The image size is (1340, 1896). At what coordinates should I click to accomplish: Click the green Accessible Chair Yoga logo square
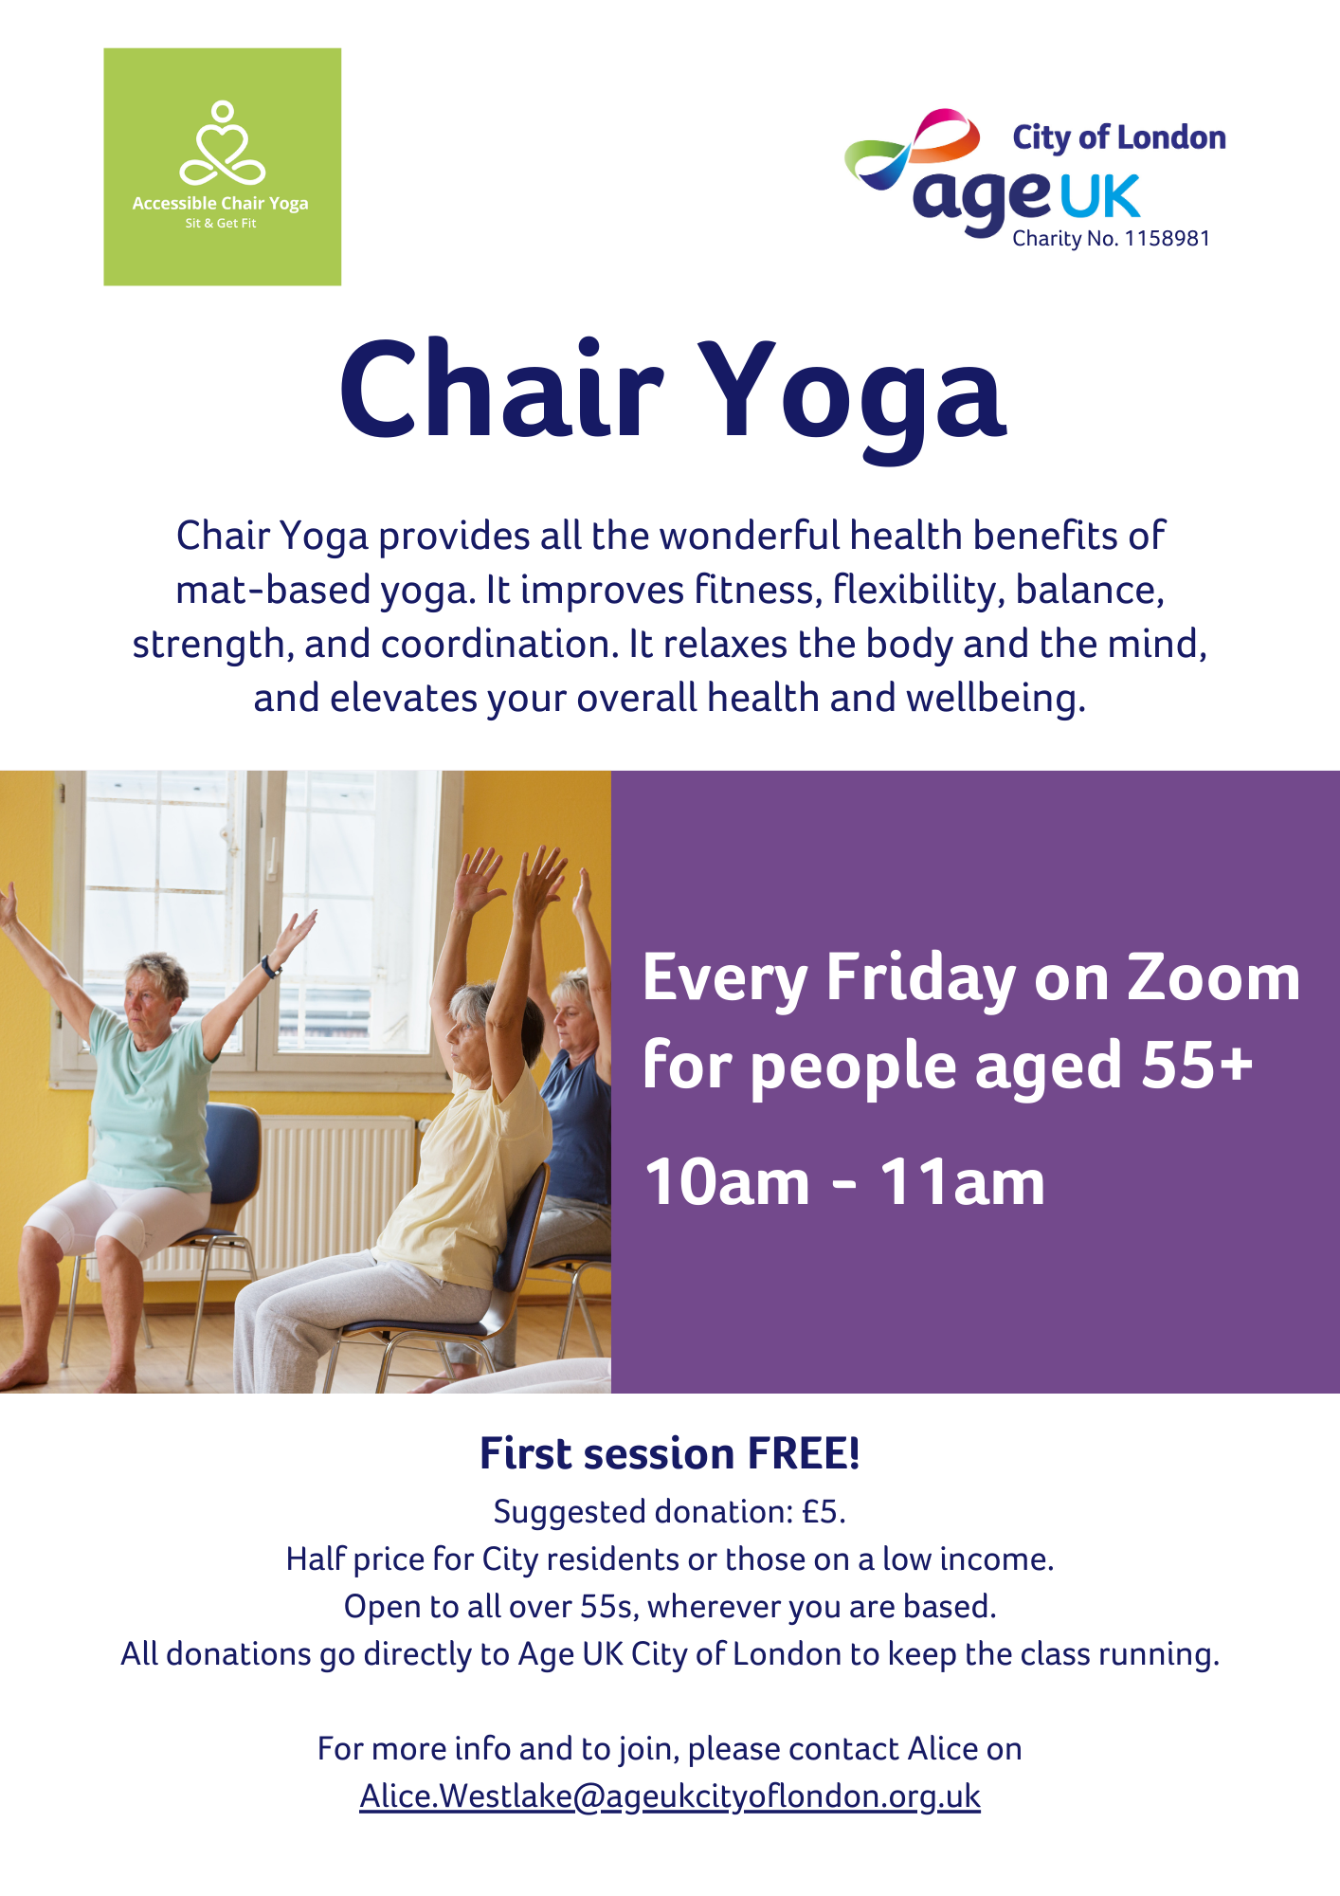(223, 167)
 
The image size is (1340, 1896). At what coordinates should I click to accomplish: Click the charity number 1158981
(1167, 239)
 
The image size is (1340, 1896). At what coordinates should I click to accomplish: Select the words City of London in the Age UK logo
(1119, 137)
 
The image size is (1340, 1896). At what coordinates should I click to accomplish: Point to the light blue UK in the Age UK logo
(1098, 196)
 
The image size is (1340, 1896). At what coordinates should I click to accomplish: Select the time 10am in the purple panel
(728, 1182)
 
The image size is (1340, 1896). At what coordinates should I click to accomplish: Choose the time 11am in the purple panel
(962, 1182)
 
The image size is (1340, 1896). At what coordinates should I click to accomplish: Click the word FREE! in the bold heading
(804, 1453)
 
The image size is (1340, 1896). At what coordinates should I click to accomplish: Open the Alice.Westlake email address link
(670, 1796)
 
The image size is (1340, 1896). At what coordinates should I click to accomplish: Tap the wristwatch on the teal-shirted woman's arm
(271, 967)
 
